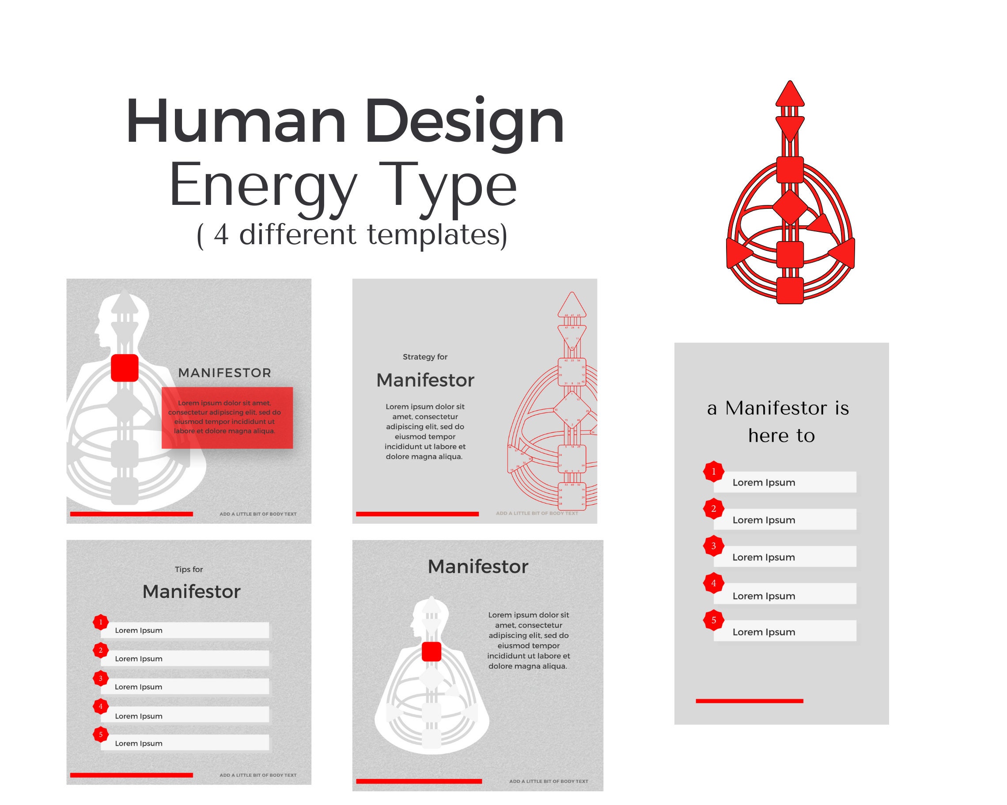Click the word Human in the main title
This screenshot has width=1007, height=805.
(236, 121)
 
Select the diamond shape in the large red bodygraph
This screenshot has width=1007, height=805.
(790, 207)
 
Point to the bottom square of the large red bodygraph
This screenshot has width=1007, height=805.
(790, 290)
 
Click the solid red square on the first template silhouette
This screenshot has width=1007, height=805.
(125, 368)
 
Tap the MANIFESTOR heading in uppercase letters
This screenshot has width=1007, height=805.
(225, 373)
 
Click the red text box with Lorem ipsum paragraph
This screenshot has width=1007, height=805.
(227, 417)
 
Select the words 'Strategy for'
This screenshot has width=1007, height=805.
(425, 357)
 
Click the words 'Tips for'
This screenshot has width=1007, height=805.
(189, 569)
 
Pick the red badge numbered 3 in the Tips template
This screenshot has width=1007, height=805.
(100, 678)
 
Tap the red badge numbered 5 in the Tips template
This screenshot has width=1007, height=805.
(100, 734)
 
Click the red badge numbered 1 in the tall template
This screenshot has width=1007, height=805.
(713, 472)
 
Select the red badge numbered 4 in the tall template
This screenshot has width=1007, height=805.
(713, 583)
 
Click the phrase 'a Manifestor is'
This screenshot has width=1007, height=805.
(778, 408)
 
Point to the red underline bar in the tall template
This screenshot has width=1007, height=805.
(749, 701)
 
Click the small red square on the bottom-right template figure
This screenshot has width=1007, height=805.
(431, 652)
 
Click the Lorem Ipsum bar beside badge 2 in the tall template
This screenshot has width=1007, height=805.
(785, 519)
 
